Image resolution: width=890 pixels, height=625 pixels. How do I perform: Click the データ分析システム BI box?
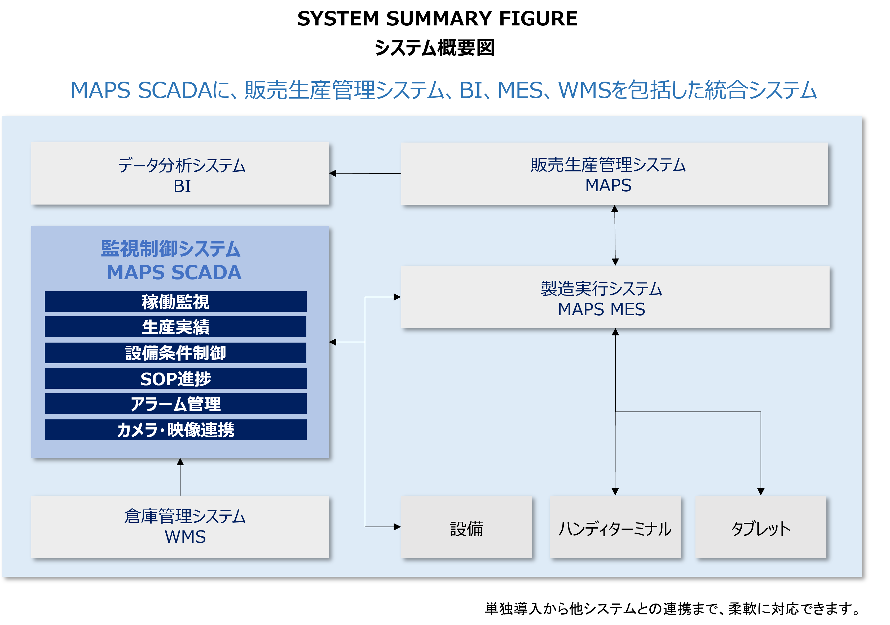(x=180, y=173)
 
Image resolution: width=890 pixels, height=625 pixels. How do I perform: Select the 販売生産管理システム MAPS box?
(x=614, y=174)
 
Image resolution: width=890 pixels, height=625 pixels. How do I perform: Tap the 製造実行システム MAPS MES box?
(x=615, y=297)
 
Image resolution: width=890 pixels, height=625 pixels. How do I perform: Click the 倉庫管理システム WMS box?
(x=180, y=527)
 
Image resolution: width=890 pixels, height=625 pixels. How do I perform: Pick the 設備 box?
(x=466, y=527)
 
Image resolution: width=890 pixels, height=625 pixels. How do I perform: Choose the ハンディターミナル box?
(x=615, y=527)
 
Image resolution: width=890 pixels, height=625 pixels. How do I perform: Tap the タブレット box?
(x=761, y=527)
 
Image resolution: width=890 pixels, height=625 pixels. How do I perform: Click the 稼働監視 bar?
(x=176, y=302)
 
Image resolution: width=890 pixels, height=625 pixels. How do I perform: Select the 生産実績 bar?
(x=176, y=327)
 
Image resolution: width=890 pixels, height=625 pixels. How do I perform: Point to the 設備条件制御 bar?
(x=176, y=353)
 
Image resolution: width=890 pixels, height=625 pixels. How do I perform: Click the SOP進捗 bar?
(x=176, y=379)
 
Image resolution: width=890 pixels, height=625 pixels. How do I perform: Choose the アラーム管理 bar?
(x=176, y=404)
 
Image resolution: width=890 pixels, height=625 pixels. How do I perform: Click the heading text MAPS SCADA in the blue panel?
(x=174, y=272)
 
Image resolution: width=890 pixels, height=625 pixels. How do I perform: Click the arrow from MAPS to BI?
(x=365, y=174)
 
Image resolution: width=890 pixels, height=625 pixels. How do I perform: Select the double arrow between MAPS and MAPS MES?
(x=615, y=235)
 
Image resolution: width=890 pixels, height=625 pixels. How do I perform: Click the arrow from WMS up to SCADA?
(x=180, y=477)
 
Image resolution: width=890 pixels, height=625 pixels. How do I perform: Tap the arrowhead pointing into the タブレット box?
(x=761, y=491)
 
